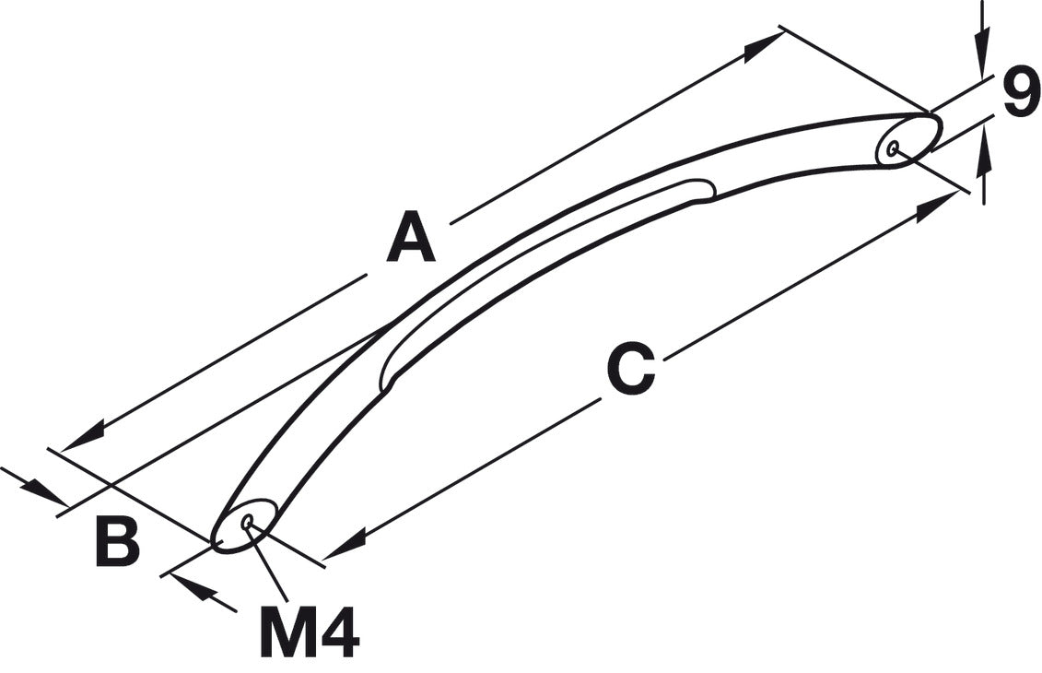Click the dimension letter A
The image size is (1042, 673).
click(411, 236)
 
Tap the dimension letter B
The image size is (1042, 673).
click(118, 542)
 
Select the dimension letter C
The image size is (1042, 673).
click(631, 369)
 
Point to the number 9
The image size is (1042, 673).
click(1021, 92)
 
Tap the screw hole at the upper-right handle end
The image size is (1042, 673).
click(894, 147)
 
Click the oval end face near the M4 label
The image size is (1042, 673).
click(244, 525)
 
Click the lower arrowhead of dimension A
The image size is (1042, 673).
click(82, 437)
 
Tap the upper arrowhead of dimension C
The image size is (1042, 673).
click(938, 207)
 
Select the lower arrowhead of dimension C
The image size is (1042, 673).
click(345, 543)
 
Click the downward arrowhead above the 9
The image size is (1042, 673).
click(984, 52)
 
